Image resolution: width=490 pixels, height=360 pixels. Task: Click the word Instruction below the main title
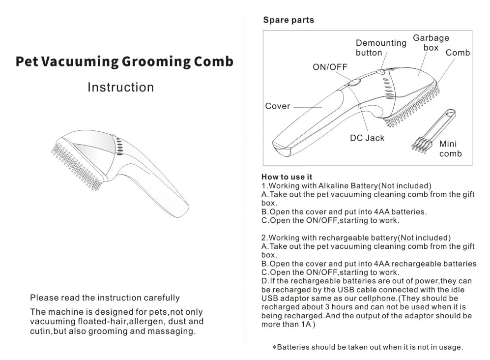[x=120, y=88]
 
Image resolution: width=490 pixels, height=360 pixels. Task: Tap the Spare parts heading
[x=288, y=20]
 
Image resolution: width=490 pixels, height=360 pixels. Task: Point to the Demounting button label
[x=381, y=48]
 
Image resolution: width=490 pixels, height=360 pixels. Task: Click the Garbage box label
[x=431, y=43]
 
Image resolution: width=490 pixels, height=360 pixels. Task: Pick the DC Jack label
[x=367, y=138]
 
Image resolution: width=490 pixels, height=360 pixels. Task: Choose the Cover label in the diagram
[x=278, y=106]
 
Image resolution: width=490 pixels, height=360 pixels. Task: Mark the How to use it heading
[x=287, y=177]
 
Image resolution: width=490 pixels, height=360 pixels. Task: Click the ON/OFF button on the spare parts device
[x=353, y=82]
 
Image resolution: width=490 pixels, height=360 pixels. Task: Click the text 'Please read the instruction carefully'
[x=105, y=298]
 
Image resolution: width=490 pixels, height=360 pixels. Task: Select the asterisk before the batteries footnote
[x=274, y=348]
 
